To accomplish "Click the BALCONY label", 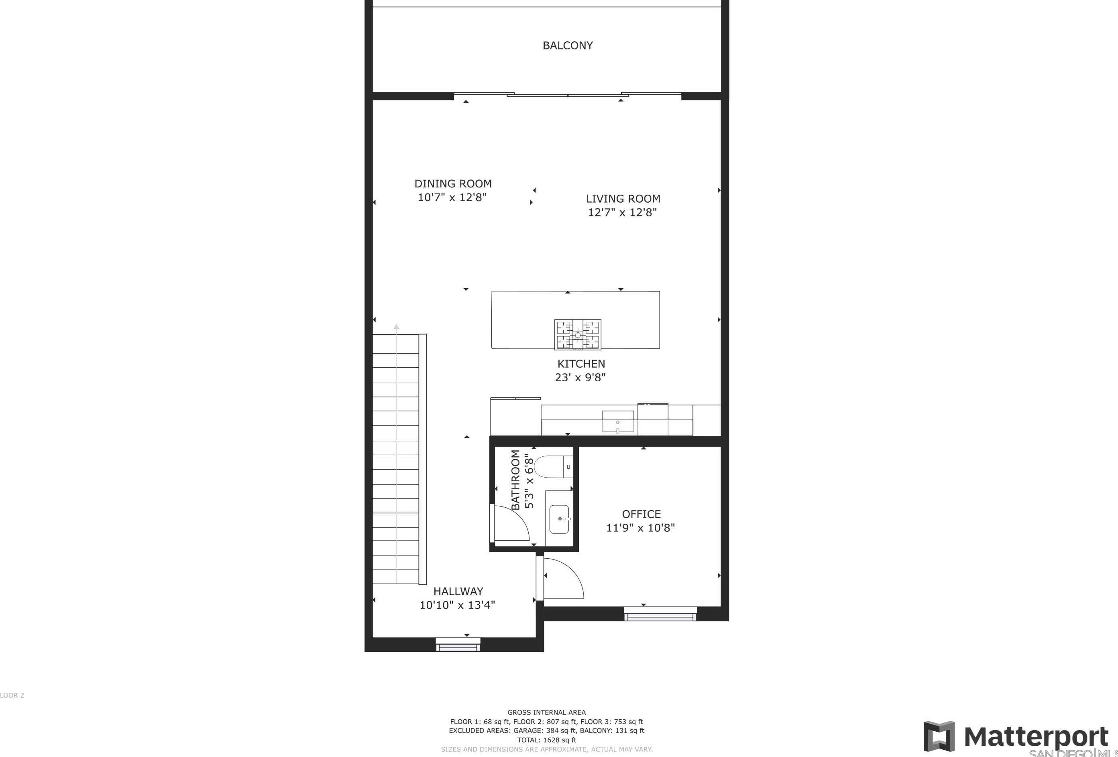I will [568, 46].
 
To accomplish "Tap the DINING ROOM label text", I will [453, 184].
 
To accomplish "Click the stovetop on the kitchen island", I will [578, 334].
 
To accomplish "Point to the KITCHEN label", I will [581, 364].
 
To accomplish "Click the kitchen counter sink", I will [618, 422].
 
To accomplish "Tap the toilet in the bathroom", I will [553, 466].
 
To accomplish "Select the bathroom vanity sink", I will [559, 519].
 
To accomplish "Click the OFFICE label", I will [641, 514].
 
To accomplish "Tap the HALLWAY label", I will [458, 592].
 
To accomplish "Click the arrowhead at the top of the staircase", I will [396, 327].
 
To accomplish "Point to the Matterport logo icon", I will [939, 736].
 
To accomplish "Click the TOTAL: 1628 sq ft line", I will [546, 740].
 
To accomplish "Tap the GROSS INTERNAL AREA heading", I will [546, 713].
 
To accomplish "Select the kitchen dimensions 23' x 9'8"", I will [580, 378].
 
